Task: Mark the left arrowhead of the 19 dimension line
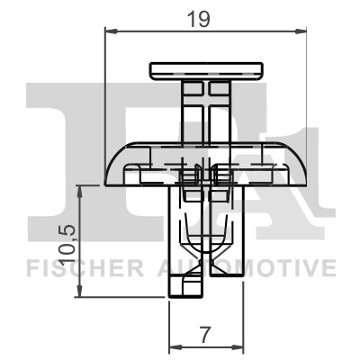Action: pos(111,32)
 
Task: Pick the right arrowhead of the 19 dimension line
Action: pos(303,32)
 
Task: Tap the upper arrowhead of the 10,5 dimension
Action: pos(80,190)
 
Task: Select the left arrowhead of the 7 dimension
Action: pos(175,346)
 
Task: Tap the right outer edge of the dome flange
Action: pos(305,176)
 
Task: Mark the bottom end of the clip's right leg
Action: pos(226,275)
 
